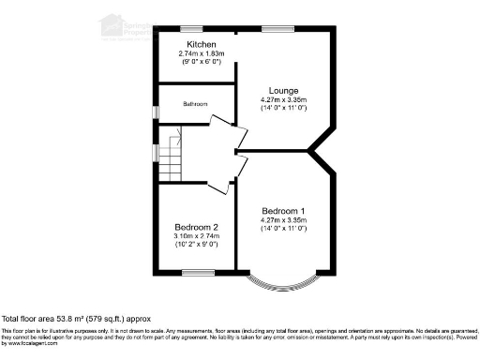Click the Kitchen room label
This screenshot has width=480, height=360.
pos(202,45)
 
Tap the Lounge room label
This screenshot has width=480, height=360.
pos(284,91)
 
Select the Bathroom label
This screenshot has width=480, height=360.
pos(195,104)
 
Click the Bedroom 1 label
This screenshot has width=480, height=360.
pos(284,210)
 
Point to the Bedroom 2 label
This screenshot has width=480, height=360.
pos(197,228)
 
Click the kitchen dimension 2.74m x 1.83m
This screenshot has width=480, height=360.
pos(202,53)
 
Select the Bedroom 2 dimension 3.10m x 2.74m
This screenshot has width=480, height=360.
pos(197,236)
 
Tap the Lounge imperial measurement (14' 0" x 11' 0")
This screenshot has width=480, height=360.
pos(284,108)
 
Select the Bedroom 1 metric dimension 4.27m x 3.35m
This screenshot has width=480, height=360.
pos(284,219)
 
